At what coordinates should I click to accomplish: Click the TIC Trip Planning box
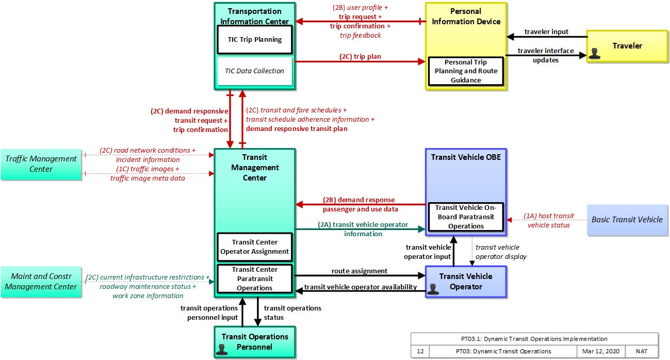click(255, 40)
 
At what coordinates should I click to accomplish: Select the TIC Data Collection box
click(255, 71)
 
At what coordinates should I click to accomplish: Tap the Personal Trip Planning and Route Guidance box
click(466, 71)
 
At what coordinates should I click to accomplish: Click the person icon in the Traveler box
click(594, 54)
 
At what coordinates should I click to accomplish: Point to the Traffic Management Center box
click(41, 164)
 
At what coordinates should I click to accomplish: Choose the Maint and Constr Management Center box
click(41, 282)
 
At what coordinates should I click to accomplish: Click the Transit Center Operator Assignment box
click(255, 247)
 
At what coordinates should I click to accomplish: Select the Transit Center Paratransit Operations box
click(255, 279)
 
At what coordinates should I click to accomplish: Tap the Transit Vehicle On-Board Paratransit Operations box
click(466, 217)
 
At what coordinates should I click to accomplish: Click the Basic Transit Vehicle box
click(627, 220)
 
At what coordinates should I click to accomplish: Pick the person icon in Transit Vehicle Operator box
click(433, 289)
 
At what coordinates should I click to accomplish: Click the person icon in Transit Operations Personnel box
click(222, 349)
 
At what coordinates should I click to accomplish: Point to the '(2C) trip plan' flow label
click(360, 57)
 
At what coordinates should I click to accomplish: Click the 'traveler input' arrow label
click(546, 31)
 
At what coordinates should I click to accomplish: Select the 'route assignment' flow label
click(359, 271)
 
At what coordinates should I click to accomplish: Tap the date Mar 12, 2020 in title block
click(600, 351)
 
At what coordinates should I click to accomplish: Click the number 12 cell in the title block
click(420, 351)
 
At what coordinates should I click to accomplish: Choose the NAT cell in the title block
click(642, 351)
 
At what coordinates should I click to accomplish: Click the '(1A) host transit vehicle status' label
click(549, 220)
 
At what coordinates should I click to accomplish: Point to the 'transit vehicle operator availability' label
click(361, 287)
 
